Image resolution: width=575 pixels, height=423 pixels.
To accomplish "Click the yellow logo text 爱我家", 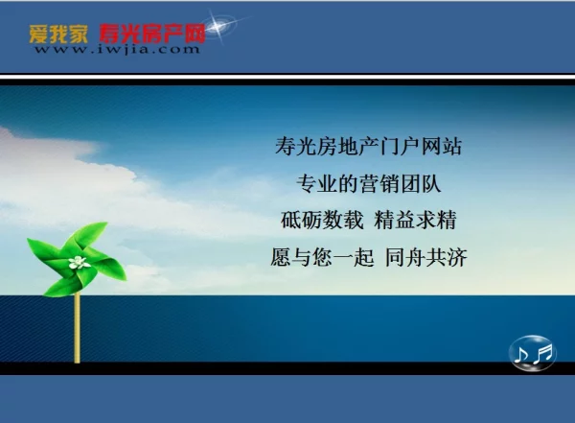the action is point(58,35).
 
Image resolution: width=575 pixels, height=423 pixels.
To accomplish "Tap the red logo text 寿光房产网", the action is point(151,35).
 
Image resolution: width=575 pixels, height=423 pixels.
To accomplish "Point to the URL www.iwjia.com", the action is point(117,50).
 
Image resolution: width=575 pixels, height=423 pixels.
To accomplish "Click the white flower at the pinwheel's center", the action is point(79,262).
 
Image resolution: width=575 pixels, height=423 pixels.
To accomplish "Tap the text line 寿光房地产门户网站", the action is point(368,147).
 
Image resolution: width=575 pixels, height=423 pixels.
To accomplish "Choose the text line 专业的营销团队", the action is point(369,183).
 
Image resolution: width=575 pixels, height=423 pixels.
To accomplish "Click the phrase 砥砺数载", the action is point(322,220).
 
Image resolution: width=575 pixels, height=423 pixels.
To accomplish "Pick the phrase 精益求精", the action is point(415,220).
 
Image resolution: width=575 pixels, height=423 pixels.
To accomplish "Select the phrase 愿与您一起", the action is point(322,257).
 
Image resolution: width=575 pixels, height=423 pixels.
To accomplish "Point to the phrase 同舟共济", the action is point(426,257).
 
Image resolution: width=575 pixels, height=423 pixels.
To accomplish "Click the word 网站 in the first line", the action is point(441,147).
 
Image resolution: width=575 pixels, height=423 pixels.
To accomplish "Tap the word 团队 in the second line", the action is point(421,183).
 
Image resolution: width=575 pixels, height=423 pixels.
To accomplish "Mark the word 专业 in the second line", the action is point(317,183).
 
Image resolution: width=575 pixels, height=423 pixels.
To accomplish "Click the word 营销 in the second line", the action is point(379,183).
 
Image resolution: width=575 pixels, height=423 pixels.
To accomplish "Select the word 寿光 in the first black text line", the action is point(295,147).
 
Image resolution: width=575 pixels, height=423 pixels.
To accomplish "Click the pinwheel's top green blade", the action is point(90,237).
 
